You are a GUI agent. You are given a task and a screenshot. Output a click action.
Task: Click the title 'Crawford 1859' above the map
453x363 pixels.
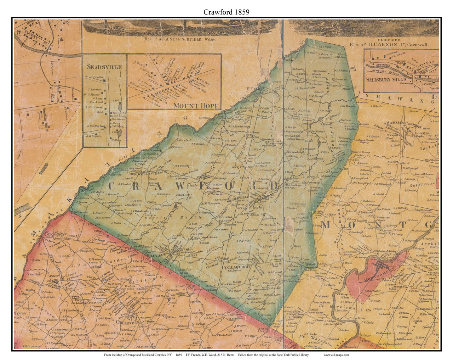[226, 12]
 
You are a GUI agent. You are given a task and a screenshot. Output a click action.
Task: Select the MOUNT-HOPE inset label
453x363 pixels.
[196, 106]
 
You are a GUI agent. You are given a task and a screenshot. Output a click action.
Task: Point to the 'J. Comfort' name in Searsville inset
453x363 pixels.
[96, 77]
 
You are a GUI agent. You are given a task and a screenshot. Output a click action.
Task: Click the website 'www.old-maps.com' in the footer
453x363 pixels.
[336, 355]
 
